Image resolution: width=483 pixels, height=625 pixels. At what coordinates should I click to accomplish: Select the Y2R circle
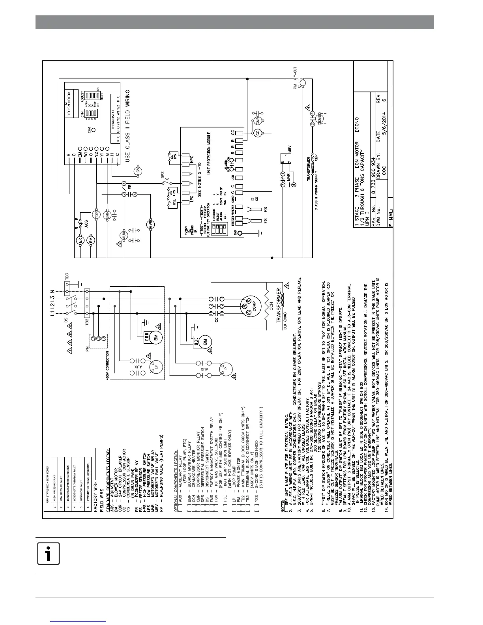pyautogui.click(x=95, y=214)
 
